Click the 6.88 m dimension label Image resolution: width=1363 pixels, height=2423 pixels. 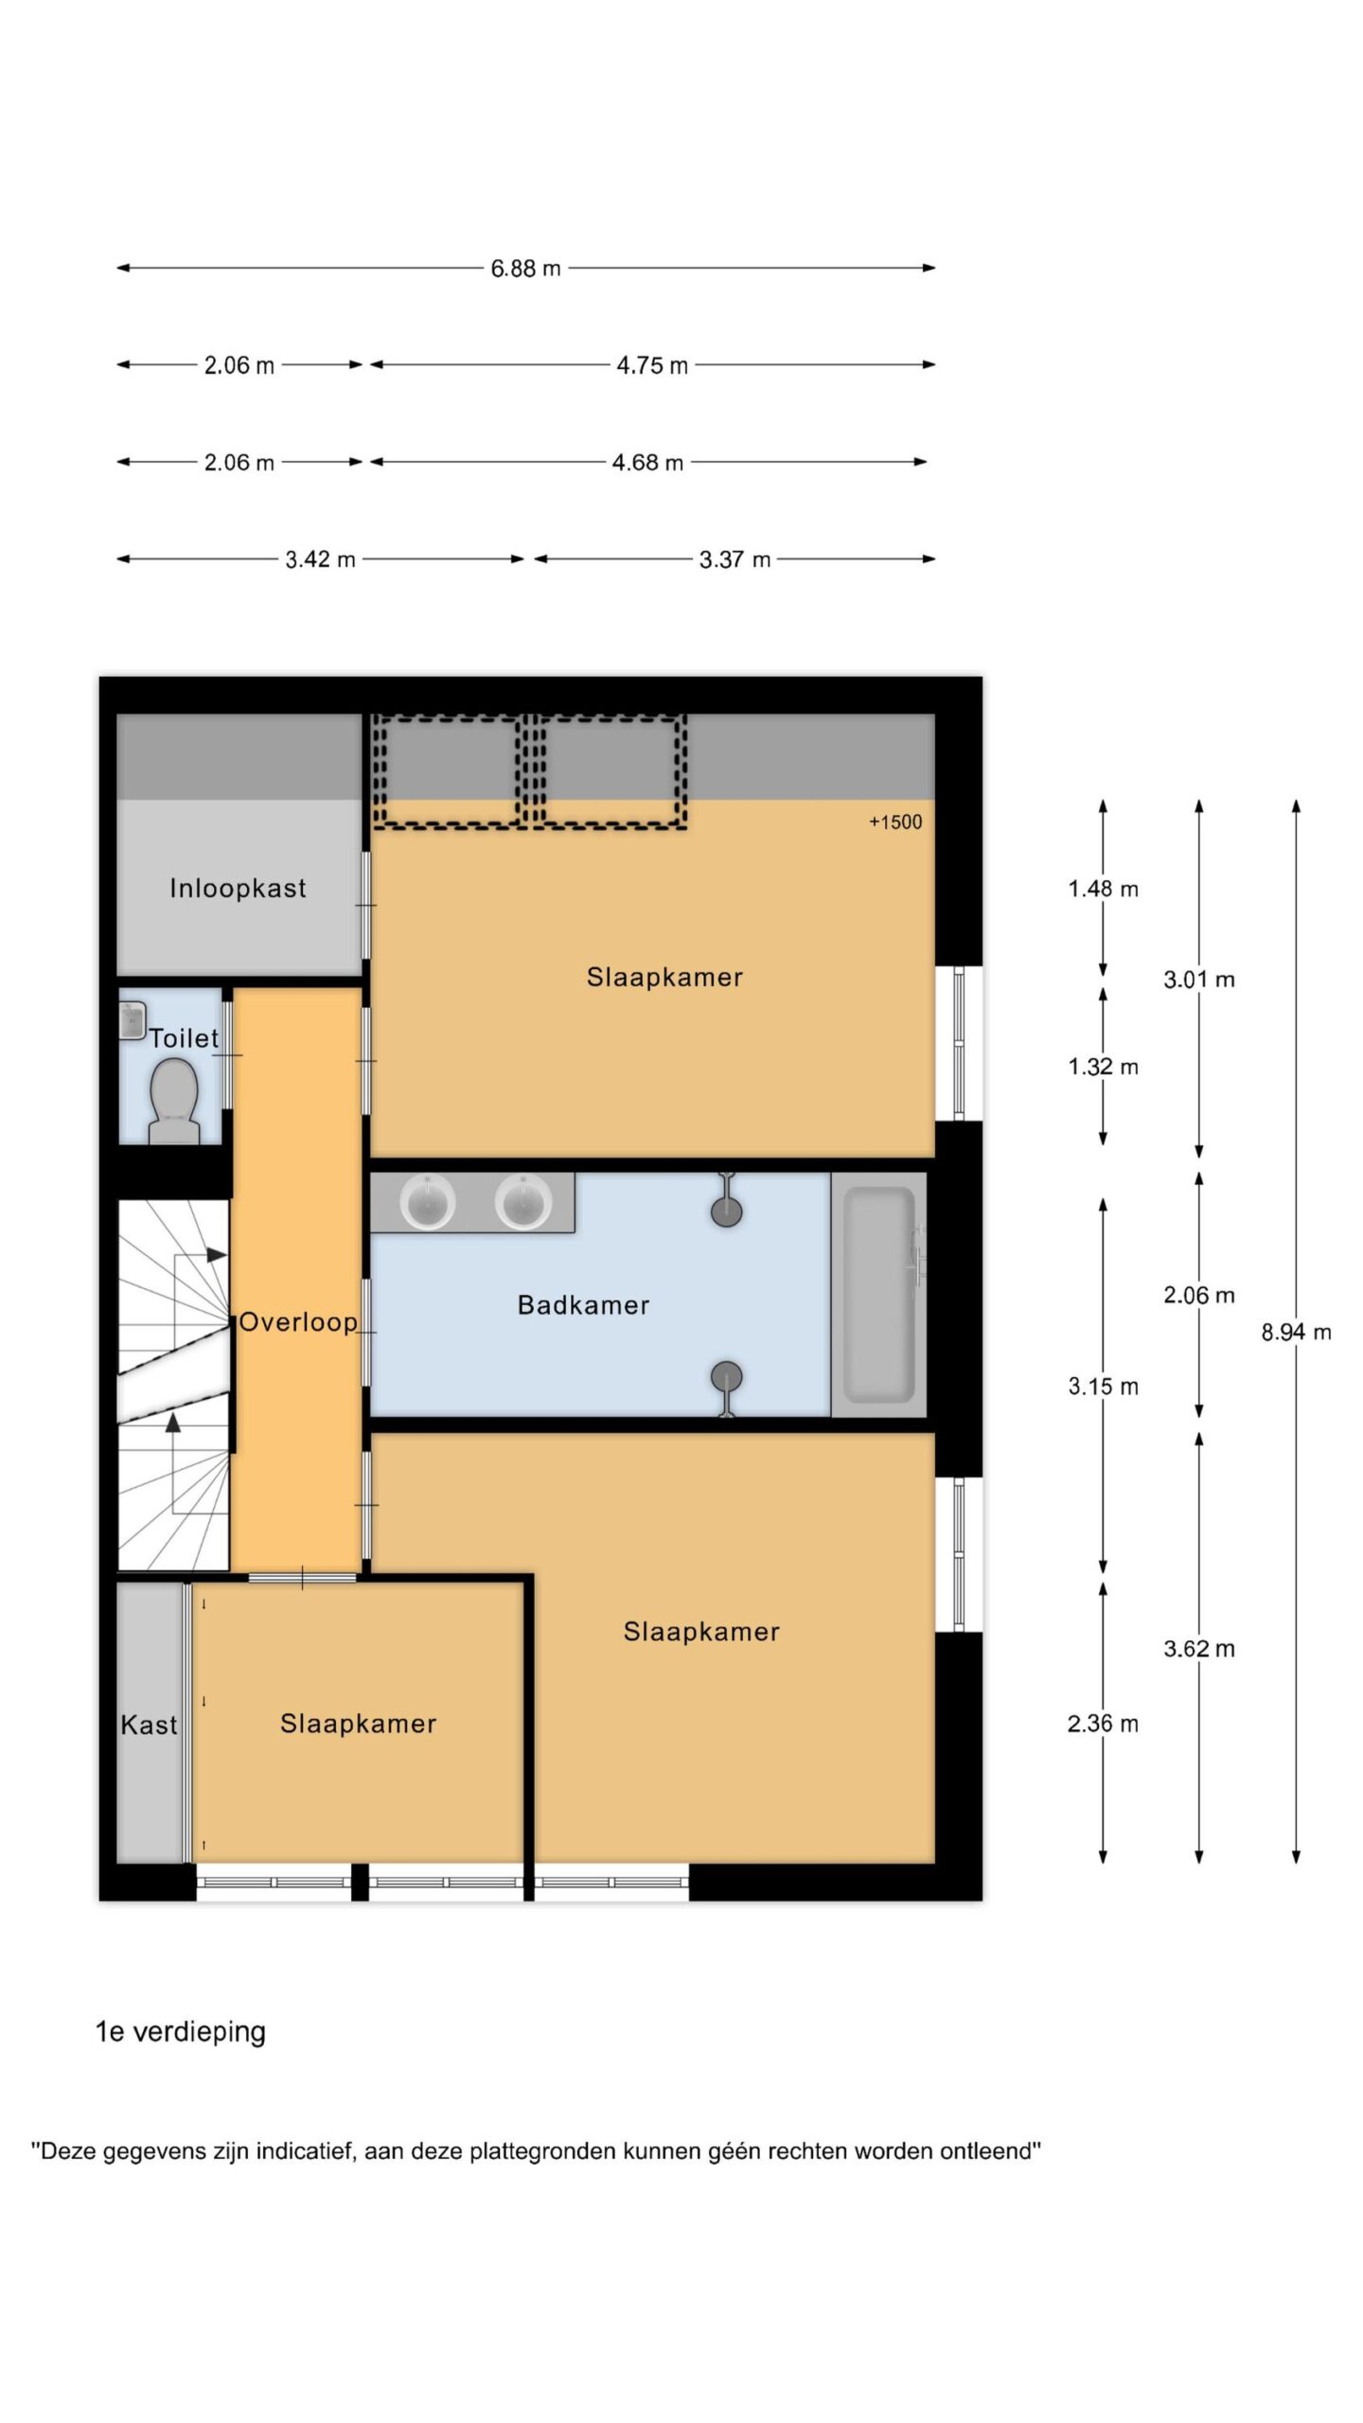click(x=525, y=269)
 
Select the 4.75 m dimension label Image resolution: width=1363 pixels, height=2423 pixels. click(x=652, y=365)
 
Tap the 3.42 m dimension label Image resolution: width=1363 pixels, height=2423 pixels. click(x=320, y=559)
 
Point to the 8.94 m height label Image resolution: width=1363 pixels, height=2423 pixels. click(x=1296, y=1333)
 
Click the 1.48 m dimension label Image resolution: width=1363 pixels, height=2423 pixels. click(x=1103, y=889)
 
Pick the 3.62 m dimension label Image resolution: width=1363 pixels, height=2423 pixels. click(x=1199, y=1649)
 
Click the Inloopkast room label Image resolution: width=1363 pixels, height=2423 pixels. click(x=238, y=888)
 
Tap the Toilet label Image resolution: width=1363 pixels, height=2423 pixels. click(x=184, y=1038)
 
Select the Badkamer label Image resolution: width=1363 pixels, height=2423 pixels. click(x=583, y=1305)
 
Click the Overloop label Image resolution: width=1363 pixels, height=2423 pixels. click(x=298, y=1322)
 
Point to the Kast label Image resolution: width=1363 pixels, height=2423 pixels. click(x=149, y=1725)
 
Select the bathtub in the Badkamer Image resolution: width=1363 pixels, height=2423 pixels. click(x=878, y=1295)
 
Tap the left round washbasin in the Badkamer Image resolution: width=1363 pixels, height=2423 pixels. click(x=428, y=1202)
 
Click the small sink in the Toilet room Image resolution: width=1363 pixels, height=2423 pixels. click(x=132, y=1020)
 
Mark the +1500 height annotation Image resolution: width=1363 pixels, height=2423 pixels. click(x=895, y=822)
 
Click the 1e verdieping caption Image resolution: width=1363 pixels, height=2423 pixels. click(x=181, y=2032)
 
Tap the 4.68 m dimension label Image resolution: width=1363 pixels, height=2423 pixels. click(x=647, y=463)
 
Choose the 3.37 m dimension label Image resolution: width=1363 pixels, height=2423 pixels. click(x=735, y=559)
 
